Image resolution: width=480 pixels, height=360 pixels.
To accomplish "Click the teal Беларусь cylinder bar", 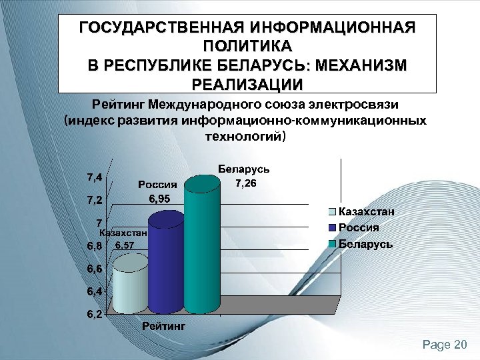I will coord(202,247).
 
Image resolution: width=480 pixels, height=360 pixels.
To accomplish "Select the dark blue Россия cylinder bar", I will coord(166,263).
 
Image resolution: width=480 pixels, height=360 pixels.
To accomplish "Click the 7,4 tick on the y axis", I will coord(93,177).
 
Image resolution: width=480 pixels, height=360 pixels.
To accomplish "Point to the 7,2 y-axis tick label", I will coord(93,200).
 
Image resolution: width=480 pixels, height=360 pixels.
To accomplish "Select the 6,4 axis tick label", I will coord(93,291).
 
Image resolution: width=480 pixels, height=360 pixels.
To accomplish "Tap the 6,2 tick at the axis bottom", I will coord(93,315).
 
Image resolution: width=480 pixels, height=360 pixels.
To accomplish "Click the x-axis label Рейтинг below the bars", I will coord(163,326).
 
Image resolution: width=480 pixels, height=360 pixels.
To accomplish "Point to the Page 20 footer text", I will coord(445,344).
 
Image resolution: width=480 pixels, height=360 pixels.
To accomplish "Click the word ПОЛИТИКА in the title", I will coord(247,47).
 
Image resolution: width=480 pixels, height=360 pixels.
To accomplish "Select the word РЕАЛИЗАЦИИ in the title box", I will coord(247,85).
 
